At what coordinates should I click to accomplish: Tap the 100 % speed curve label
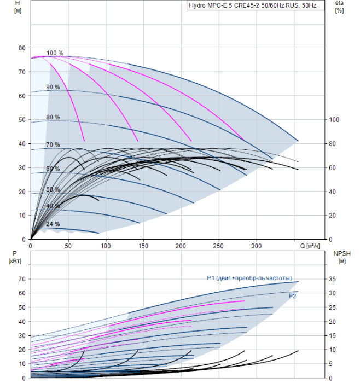[55, 53]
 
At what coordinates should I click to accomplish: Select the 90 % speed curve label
[53, 88]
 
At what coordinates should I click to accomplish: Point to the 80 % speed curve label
[53, 117]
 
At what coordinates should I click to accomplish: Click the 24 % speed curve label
[53, 224]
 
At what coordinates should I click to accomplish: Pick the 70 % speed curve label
[53, 145]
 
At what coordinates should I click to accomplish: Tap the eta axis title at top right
[339, 7]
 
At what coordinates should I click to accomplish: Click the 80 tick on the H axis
[22, 48]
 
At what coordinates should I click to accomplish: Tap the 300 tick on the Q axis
[257, 247]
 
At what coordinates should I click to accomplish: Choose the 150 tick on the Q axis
[143, 247]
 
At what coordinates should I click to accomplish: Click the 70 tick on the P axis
[22, 279]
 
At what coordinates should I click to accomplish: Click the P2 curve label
[293, 295]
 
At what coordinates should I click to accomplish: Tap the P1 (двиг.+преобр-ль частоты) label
[249, 278]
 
